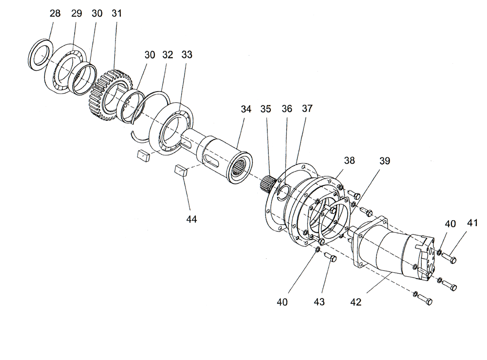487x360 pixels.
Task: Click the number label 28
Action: pos(56,14)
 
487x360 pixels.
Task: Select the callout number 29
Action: pos(76,14)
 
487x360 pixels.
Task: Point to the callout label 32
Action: pos(168,55)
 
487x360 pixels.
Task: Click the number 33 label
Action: pos(187,55)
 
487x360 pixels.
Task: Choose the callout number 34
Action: pos(246,109)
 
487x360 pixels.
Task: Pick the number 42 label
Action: pos(356,302)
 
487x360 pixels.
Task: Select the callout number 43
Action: pos(319,302)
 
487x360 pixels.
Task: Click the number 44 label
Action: pos(192,220)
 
